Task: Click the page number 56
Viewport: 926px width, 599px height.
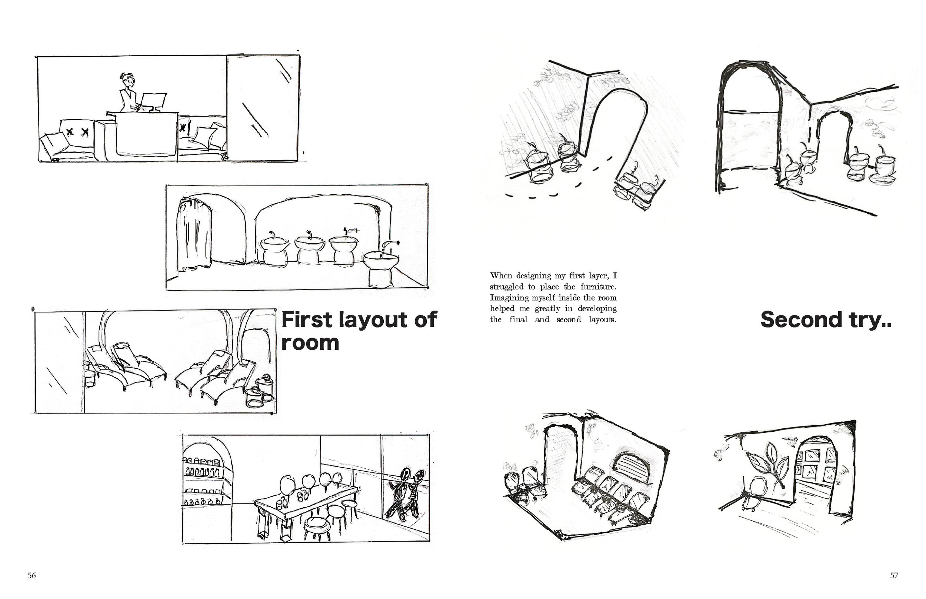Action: [31, 576]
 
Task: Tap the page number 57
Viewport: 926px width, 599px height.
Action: [894, 576]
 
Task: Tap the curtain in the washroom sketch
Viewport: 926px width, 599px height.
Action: [193, 233]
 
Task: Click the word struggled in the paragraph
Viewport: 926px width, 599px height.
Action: [507, 287]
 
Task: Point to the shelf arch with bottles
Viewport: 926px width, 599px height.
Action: [206, 476]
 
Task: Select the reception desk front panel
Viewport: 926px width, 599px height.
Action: [147, 134]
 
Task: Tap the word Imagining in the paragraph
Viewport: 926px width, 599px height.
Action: [510, 298]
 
